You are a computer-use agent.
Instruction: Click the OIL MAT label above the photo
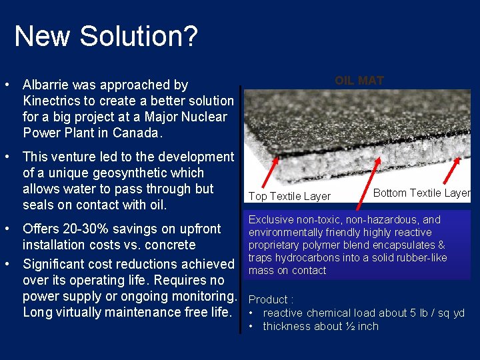(x=359, y=81)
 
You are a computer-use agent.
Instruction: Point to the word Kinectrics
(x=54, y=101)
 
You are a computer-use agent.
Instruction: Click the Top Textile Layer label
(x=289, y=196)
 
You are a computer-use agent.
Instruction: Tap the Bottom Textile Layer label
(x=421, y=193)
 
